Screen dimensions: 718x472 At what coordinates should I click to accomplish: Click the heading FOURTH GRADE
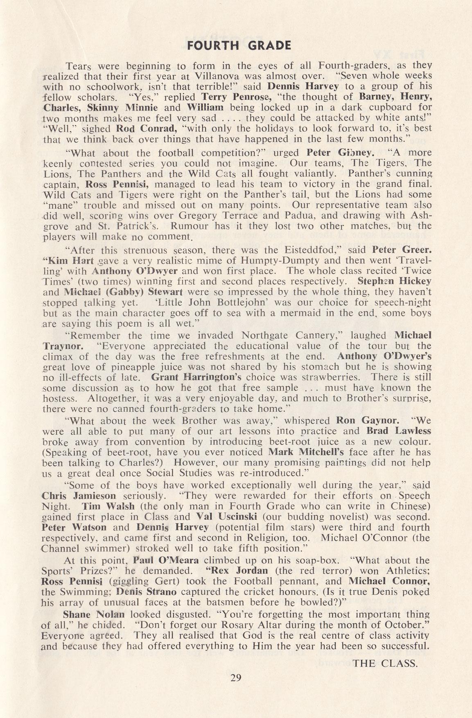(x=239, y=45)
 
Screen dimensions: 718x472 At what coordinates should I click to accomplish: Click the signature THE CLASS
(x=385, y=664)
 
